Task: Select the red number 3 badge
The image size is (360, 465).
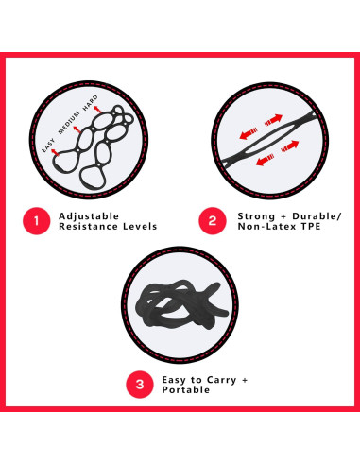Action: (140, 385)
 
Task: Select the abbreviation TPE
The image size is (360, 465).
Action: (315, 229)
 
